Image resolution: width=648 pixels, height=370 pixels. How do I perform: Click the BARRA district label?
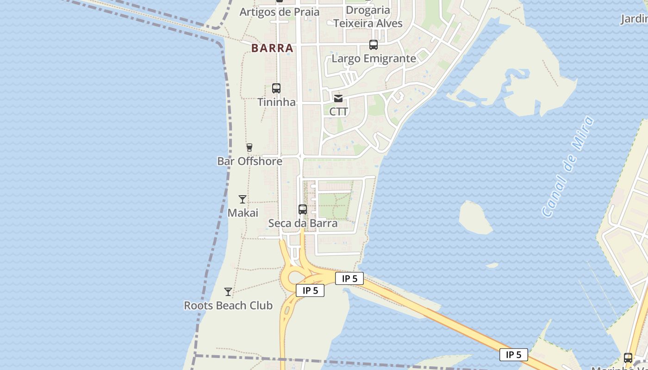click(272, 48)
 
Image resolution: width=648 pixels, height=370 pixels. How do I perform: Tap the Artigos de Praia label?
click(279, 12)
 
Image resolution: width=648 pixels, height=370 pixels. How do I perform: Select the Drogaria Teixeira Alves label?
click(368, 17)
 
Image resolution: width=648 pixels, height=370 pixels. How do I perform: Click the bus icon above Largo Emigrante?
click(374, 45)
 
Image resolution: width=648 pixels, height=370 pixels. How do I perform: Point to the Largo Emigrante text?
click(374, 59)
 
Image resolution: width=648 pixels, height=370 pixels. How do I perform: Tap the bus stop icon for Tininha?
click(276, 88)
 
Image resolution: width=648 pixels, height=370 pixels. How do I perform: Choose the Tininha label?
click(276, 102)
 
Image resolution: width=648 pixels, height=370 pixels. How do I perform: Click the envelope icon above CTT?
click(338, 98)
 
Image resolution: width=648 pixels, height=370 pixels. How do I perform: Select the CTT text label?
click(338, 112)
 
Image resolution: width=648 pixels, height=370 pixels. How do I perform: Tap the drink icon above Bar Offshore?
click(249, 148)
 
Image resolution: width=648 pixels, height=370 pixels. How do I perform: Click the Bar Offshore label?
click(249, 161)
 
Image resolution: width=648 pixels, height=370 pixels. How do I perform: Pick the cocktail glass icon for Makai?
click(243, 199)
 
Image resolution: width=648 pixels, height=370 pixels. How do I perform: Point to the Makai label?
click(243, 213)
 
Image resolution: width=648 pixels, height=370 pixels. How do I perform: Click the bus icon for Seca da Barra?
click(303, 210)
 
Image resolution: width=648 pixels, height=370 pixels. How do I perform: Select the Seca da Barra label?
click(303, 223)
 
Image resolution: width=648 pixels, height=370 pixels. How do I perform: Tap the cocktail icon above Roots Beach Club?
click(228, 292)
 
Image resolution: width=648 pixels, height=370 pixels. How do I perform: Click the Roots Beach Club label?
click(228, 306)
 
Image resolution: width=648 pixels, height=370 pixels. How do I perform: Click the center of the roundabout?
click(296, 278)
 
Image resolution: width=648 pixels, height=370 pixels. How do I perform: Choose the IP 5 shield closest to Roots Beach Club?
click(310, 290)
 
